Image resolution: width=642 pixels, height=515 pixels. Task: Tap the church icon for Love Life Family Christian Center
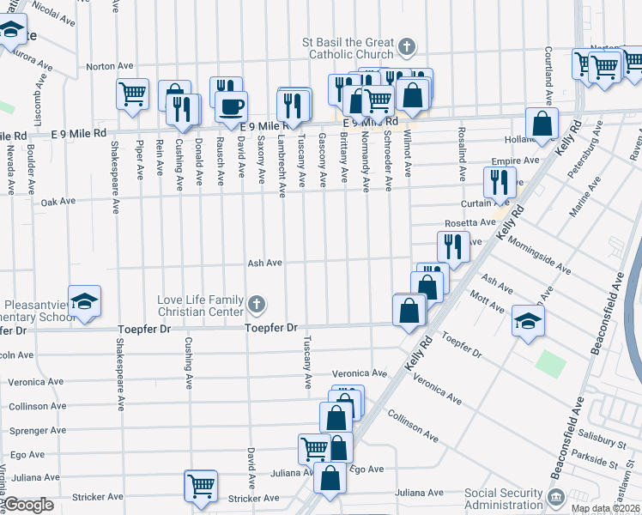[x=256, y=305]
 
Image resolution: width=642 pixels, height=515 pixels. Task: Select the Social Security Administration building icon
[x=555, y=496]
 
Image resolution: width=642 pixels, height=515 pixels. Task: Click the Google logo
[x=28, y=504]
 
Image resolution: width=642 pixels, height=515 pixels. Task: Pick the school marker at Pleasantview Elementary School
[x=85, y=302]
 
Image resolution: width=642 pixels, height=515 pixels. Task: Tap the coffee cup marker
[x=232, y=107]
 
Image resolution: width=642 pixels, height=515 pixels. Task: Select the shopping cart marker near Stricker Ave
[x=201, y=485]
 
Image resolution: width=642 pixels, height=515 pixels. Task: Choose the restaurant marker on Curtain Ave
[x=499, y=181]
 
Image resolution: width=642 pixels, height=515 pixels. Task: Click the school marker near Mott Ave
[x=529, y=321]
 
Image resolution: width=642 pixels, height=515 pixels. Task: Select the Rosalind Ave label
[x=462, y=154]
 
